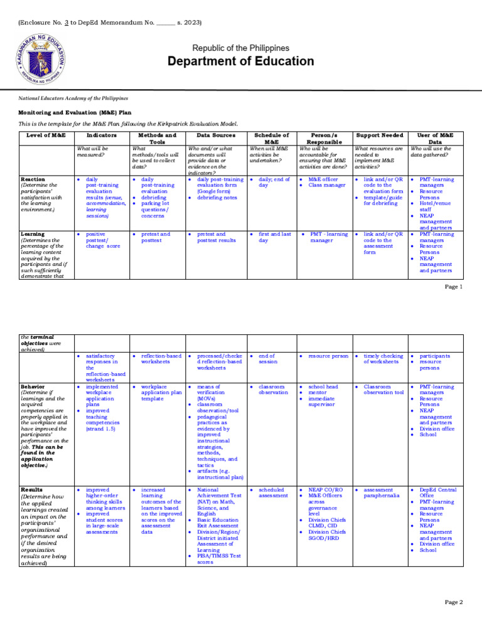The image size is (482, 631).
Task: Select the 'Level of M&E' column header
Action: pos(46,135)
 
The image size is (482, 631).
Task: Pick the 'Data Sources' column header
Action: pos(212,135)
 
